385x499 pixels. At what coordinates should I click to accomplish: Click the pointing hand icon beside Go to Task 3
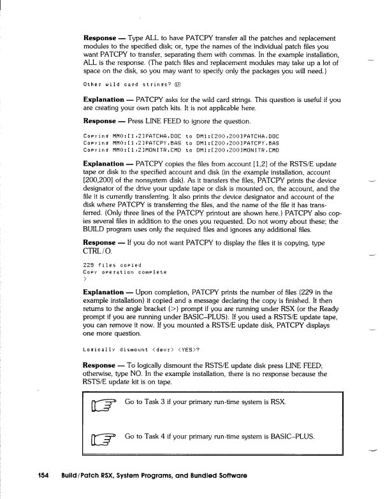(x=105, y=404)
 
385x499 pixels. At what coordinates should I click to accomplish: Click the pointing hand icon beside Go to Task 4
(x=105, y=438)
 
